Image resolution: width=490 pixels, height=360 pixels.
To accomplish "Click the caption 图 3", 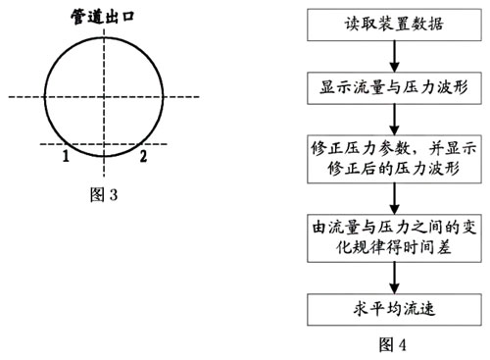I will tap(103, 193).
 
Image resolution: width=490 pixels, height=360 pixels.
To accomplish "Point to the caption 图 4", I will tap(391, 344).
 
